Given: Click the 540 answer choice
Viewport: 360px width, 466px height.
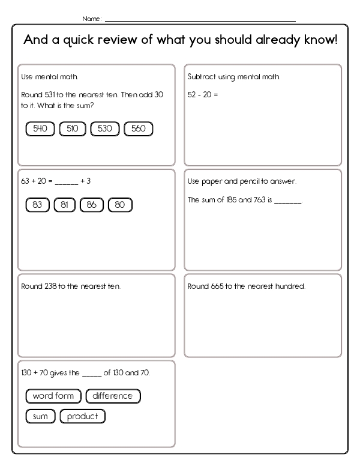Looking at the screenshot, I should pos(40,129).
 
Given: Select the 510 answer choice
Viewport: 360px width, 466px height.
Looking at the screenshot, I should pos(73,129).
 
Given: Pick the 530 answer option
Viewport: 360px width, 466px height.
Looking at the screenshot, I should pos(105,129).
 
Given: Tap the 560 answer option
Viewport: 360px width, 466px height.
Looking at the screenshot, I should pos(138,129).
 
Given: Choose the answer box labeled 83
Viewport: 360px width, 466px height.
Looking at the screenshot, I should pos(37,205).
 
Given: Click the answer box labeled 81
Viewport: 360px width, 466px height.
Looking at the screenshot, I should pos(64,205).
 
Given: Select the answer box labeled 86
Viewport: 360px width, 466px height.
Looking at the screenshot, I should pos(91,205).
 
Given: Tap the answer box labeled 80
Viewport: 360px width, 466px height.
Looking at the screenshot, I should pos(119,205).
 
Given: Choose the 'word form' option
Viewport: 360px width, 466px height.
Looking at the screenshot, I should pos(53,396).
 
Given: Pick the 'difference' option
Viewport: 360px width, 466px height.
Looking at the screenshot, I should pos(113,396).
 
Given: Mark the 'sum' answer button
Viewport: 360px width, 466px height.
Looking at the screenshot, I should pos(40,416).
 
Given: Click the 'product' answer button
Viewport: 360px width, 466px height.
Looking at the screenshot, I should pos(83,416).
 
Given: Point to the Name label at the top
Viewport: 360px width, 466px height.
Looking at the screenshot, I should pos(91,19).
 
